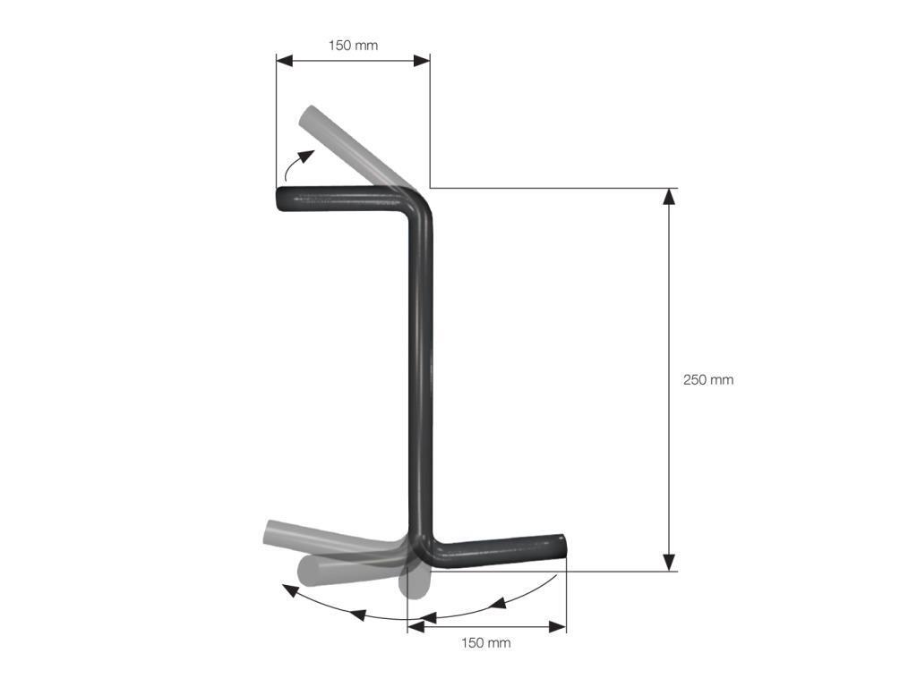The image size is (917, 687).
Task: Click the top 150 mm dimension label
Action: pyautogui.click(x=353, y=45)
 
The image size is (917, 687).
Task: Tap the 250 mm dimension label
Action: pyautogui.click(x=708, y=379)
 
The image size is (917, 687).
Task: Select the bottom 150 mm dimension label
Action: pyautogui.click(x=486, y=643)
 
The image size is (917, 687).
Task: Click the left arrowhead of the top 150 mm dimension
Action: pyautogui.click(x=285, y=61)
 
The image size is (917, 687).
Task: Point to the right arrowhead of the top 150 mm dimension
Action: pyautogui.click(x=422, y=61)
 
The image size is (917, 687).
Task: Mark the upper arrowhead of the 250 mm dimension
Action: pyautogui.click(x=669, y=197)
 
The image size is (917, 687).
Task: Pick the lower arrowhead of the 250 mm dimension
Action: pyautogui.click(x=669, y=562)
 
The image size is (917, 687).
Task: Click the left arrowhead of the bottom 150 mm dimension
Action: pyautogui.click(x=416, y=627)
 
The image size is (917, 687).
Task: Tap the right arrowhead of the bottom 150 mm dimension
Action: pyautogui.click(x=558, y=627)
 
